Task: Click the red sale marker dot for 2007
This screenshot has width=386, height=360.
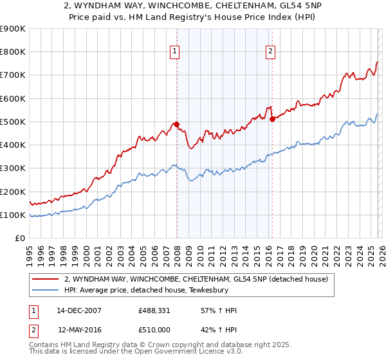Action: [x=176, y=125]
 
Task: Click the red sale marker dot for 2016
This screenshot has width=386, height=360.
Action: [x=272, y=119]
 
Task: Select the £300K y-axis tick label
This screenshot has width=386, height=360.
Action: [x=12, y=168]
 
